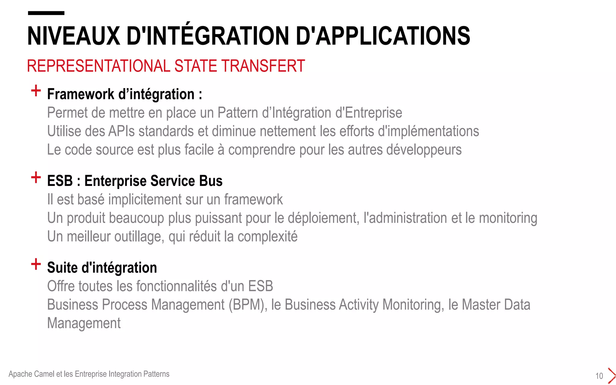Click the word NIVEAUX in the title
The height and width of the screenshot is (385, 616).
[73, 36]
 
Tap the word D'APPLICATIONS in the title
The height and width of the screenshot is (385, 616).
[383, 36]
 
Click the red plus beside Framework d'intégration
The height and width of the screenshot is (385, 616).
[36, 91]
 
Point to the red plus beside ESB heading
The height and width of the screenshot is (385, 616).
[36, 177]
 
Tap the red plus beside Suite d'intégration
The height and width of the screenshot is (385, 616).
[36, 264]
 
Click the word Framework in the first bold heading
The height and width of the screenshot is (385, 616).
[81, 94]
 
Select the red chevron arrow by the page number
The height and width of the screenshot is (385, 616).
[611, 376]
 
